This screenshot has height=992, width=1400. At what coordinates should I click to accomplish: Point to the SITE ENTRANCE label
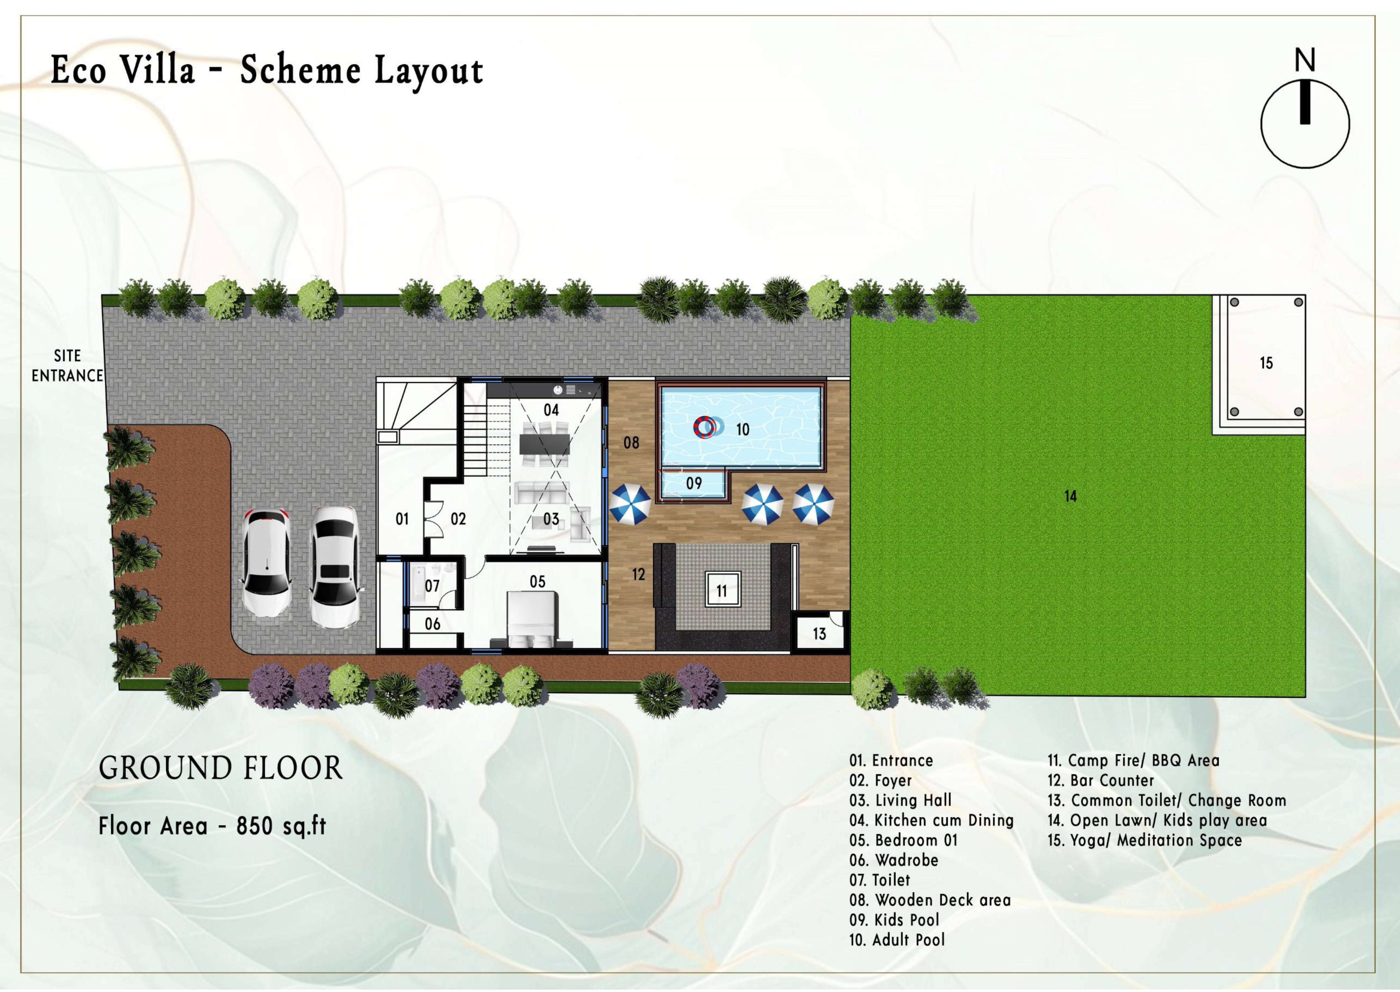pyautogui.click(x=67, y=365)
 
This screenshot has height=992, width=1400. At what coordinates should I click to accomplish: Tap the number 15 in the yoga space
pyautogui.click(x=1266, y=363)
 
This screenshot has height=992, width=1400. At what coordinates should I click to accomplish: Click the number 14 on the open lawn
pyautogui.click(x=1070, y=496)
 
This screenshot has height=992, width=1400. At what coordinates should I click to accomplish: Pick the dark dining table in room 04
pyautogui.click(x=544, y=444)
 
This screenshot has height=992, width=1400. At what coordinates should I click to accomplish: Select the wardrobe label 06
pyautogui.click(x=432, y=624)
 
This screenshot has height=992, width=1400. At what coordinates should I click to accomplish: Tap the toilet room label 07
pyautogui.click(x=432, y=586)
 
